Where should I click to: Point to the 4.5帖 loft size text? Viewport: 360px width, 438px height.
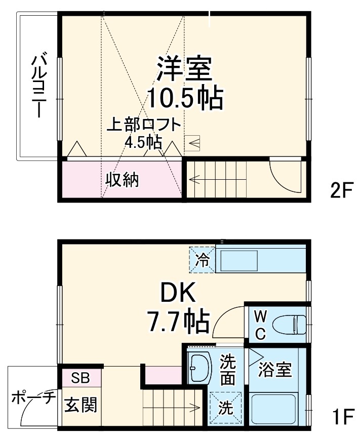tap(143, 141)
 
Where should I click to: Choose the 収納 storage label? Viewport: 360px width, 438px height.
tap(122, 179)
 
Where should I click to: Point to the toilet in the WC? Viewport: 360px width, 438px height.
tap(289, 323)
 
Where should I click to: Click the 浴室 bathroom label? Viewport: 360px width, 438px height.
tap(275, 370)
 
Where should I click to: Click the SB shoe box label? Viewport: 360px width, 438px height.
tap(81, 378)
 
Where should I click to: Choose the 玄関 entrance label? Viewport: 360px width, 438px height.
tap(79, 405)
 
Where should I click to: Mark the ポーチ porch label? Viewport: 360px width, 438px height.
tap(33, 399)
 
